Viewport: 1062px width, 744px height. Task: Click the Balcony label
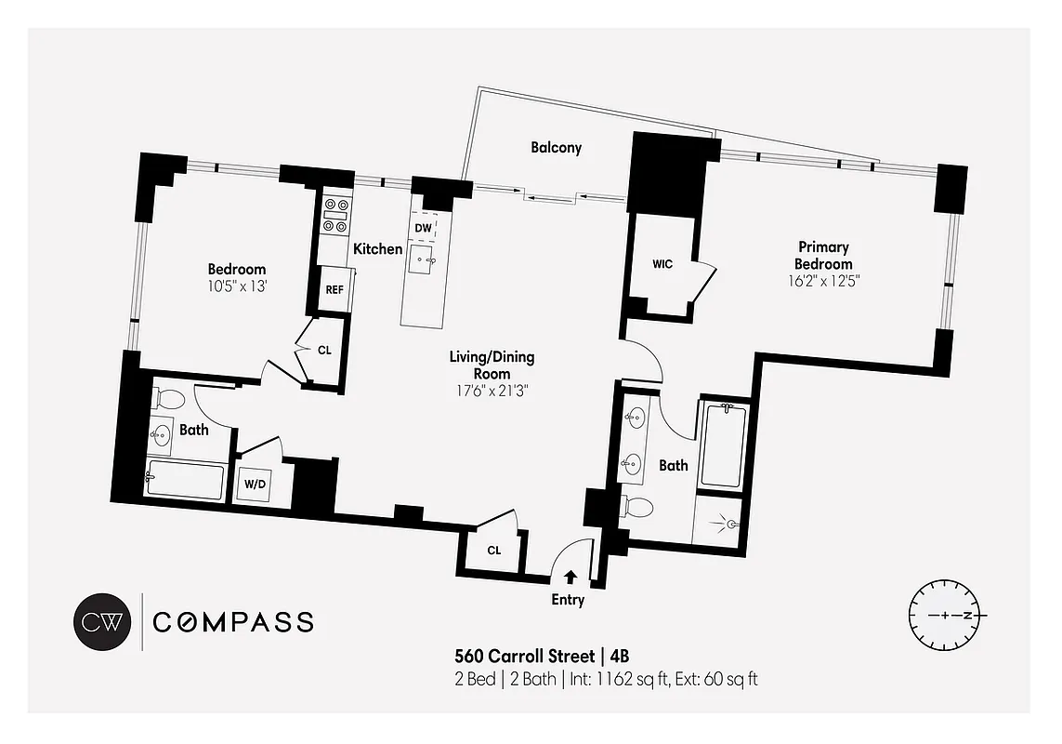556,147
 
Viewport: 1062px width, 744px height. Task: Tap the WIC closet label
662,264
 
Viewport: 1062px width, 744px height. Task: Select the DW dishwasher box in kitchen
423,228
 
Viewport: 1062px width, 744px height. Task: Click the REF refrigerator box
334,289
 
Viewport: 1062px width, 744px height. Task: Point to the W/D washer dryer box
254,485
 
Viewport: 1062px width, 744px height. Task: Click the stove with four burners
334,215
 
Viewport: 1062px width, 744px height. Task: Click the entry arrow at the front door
570,577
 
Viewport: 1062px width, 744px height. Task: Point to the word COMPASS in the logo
232,622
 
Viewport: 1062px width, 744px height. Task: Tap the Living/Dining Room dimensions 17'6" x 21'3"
492,375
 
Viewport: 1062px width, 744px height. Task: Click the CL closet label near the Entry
493,550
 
